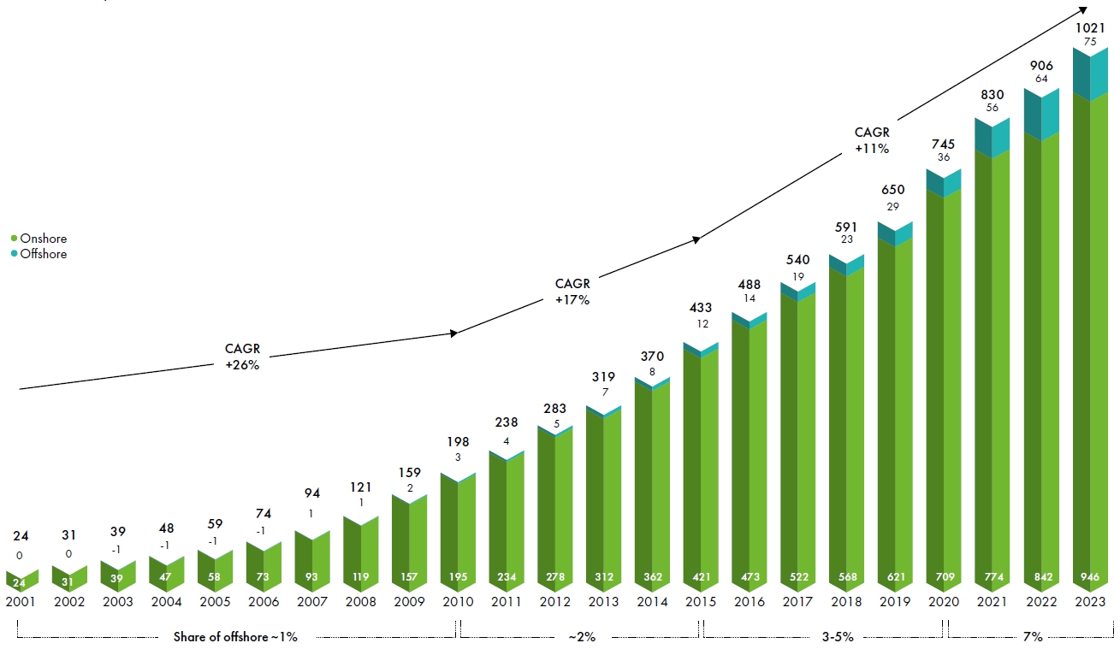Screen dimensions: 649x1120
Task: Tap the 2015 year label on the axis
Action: tap(701, 601)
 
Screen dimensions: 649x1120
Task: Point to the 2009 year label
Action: tap(409, 601)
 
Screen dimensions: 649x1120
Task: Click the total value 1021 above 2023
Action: tap(1089, 28)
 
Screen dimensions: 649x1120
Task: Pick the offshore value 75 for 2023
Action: tap(1089, 42)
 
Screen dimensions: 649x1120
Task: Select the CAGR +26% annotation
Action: tap(242, 357)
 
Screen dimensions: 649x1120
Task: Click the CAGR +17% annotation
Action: tap(572, 292)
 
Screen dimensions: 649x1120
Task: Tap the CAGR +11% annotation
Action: tap(872, 140)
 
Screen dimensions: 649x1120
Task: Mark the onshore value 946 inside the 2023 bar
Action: tap(1089, 577)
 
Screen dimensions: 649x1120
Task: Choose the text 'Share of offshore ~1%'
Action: tap(235, 637)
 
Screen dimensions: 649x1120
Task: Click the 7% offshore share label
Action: tap(1033, 637)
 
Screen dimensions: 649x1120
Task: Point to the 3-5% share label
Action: tap(837, 637)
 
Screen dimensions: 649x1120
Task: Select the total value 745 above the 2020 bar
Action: tap(944, 145)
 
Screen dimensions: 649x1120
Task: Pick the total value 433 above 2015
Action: tap(701, 307)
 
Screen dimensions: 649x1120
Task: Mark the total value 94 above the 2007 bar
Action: tap(311, 493)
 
